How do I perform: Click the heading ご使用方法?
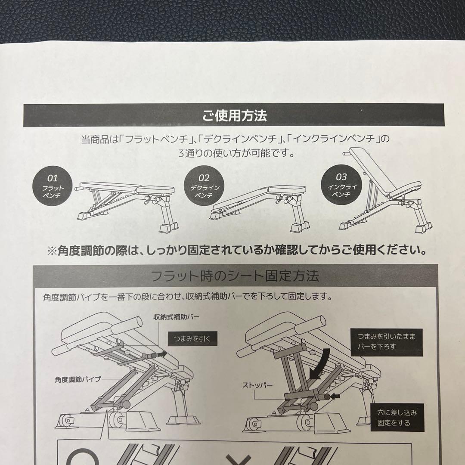235,115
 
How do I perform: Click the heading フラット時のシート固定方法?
235,276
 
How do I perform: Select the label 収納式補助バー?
176,317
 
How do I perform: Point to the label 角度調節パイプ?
78,379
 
